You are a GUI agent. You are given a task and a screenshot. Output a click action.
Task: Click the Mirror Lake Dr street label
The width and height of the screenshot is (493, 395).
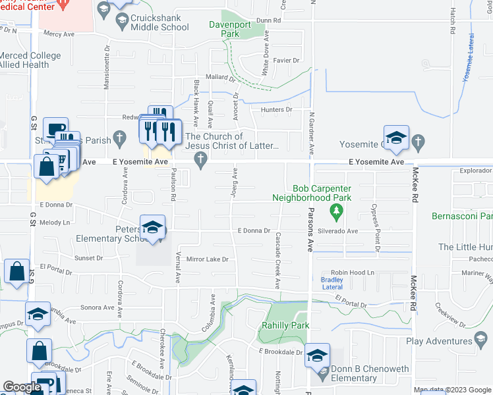point(206,259)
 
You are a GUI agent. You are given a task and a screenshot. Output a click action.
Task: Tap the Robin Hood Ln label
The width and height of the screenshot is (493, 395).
point(352,273)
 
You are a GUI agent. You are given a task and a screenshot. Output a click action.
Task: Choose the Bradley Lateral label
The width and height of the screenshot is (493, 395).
point(332,283)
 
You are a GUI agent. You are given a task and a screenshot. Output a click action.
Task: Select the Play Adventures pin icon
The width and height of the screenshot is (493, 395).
point(481,340)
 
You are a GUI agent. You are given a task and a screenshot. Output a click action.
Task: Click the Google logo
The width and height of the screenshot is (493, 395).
point(22,387)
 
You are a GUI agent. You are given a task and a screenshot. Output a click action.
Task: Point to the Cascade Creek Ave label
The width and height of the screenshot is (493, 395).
point(277,261)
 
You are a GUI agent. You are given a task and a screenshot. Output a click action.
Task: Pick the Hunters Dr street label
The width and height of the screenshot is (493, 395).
point(276,110)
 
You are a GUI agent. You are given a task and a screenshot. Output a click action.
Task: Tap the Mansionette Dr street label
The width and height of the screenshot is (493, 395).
point(106,66)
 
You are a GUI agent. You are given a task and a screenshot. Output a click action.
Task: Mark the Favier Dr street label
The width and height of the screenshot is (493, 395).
point(287,61)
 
